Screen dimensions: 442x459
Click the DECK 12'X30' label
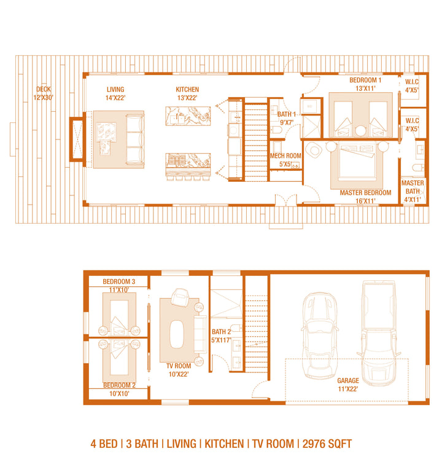[x=44, y=93]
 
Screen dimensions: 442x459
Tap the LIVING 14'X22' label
[x=115, y=93]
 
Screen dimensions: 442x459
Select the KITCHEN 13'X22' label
[x=187, y=93]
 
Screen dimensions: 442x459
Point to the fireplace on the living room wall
[x=77, y=139]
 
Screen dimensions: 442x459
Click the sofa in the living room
[x=135, y=139]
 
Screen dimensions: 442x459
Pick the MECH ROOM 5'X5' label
[x=285, y=160]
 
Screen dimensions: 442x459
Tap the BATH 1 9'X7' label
[x=286, y=118]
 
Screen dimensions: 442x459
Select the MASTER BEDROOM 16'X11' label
[x=365, y=197]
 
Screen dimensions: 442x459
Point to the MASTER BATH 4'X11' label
[x=413, y=192]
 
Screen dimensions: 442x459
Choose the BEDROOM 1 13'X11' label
[x=365, y=84]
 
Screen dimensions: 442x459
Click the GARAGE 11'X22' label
[x=348, y=385]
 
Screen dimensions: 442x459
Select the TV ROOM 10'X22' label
[x=179, y=370]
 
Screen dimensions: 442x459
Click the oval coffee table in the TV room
[x=176, y=334]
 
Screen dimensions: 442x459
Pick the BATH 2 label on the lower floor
[x=221, y=332]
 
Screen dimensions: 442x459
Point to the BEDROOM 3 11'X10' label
[x=118, y=286]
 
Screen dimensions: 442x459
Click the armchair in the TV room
[x=180, y=297]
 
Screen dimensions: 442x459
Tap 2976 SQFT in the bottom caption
[x=327, y=444]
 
